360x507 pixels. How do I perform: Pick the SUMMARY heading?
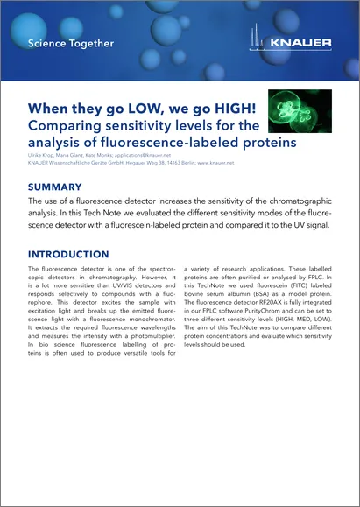coord(55,187)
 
